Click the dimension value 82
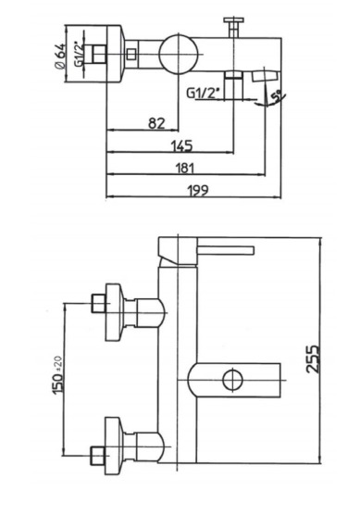pos(157,123)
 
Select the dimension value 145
pos(181,145)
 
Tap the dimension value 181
pos(185,168)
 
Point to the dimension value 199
pos(197,190)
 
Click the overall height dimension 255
pos(313,358)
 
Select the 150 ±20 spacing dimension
pos(57,375)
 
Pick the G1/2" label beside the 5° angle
pos(202,93)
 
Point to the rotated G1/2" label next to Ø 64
pos(79,55)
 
